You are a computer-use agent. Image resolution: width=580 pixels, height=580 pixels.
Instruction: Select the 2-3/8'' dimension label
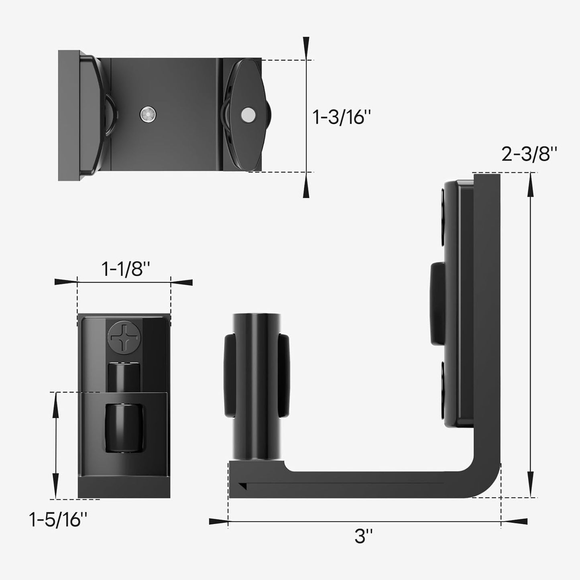point(529,154)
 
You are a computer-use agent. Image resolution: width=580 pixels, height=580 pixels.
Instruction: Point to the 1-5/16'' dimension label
point(58,520)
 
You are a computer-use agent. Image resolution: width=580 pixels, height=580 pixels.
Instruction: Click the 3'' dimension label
point(364,536)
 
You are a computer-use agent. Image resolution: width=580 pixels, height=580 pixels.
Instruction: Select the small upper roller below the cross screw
point(124,376)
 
